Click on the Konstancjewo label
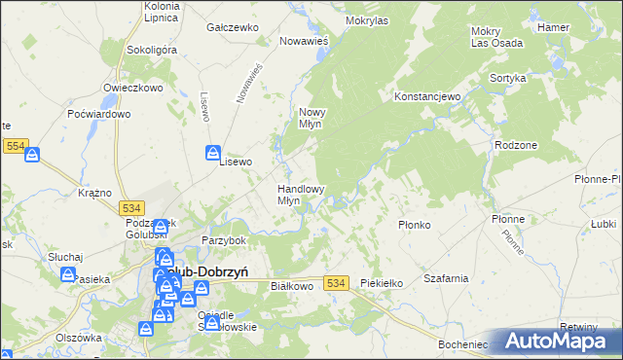coord(426,97)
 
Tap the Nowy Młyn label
coord(317,118)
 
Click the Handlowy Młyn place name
coord(301,195)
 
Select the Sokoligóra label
coord(150,49)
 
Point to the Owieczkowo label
coord(132,87)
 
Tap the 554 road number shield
coord(15,144)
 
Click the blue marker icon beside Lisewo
coord(213,152)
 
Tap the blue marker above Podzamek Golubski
coord(160,228)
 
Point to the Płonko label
coord(415,225)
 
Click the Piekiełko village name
coord(382,282)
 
